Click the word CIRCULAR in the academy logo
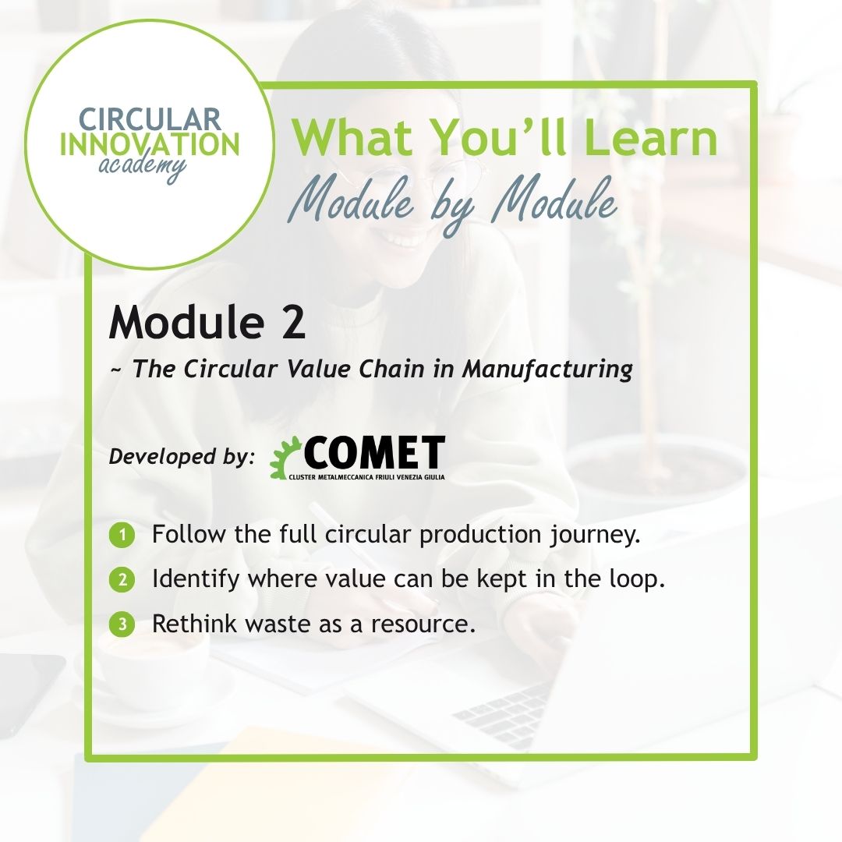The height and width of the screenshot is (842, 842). coord(150,119)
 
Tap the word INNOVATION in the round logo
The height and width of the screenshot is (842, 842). coord(150,144)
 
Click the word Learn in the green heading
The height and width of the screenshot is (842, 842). coord(650,137)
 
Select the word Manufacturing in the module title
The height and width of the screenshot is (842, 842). coord(547,369)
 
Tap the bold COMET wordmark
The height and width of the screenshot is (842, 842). coord(374,453)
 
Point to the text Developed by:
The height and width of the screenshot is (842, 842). coord(182,456)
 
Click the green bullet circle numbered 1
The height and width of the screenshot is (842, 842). coord(122,536)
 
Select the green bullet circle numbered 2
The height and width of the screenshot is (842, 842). coord(122,580)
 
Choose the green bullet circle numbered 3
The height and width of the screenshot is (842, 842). coord(122,624)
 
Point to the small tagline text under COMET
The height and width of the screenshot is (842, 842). coord(366,477)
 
